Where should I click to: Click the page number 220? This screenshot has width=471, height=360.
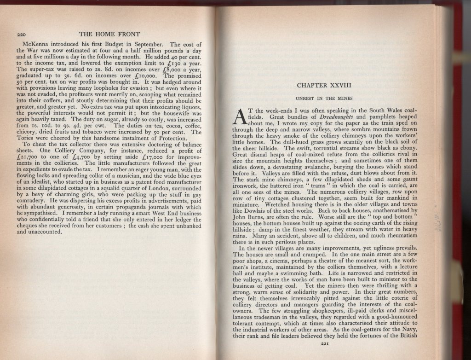click(21, 35)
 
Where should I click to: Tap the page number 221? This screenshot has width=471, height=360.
click(324, 342)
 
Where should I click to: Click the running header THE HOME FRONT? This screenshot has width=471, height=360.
click(109, 34)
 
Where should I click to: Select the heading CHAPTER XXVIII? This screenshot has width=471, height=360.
click(324, 86)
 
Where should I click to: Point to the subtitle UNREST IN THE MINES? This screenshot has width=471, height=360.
click(324, 98)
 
